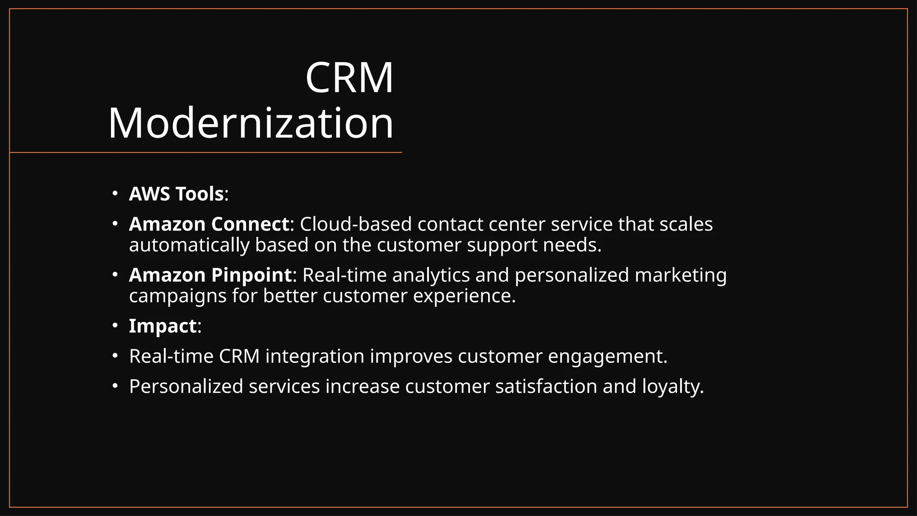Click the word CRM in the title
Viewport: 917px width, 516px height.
coord(349,78)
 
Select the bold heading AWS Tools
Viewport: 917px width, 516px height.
coord(176,194)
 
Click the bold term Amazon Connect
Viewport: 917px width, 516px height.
coord(209,224)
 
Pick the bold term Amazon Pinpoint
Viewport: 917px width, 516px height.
coord(210,275)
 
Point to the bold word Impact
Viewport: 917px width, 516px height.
coord(163,326)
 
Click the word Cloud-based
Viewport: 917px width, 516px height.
coord(356,224)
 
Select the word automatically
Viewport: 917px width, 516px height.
coord(189,245)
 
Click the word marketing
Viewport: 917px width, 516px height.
coord(681,275)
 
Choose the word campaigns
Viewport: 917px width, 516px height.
coord(178,296)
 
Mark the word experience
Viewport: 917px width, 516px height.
coord(464,296)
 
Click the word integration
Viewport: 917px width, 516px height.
coord(315,357)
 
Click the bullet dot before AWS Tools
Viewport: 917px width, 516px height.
coord(115,194)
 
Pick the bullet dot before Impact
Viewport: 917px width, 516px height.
coord(115,326)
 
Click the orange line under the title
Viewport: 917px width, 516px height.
coord(206,153)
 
